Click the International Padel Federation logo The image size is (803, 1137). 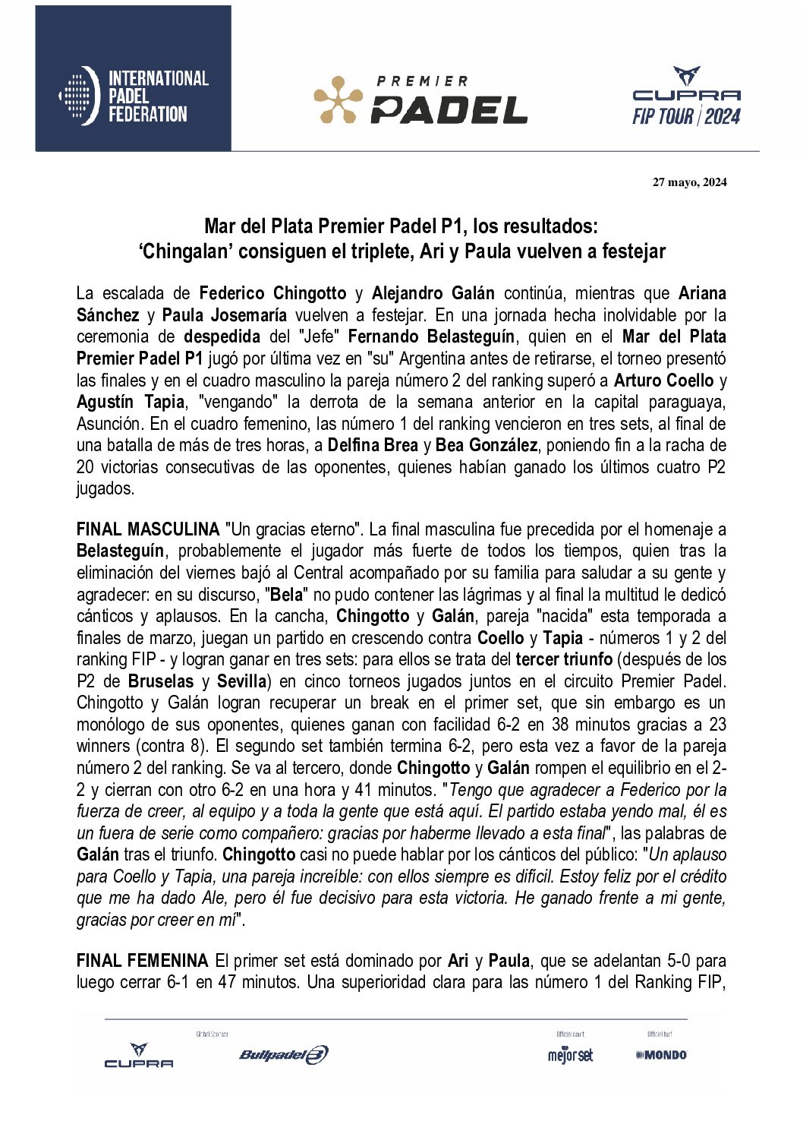(134, 96)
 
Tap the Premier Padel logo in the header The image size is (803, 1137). (420, 99)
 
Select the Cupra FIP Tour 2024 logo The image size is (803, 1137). (686, 96)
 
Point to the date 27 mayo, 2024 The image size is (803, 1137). (689, 182)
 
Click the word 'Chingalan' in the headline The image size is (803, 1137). (184, 251)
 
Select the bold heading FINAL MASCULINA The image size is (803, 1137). (148, 529)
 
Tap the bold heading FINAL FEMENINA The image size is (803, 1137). (142, 961)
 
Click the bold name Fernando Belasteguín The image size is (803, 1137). (431, 336)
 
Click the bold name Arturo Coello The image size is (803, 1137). (663, 381)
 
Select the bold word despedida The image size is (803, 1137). (222, 336)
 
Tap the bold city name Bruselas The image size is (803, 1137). (161, 681)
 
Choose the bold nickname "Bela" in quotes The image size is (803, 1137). (287, 595)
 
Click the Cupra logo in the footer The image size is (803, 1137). (139, 1056)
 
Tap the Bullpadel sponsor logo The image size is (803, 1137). (283, 1054)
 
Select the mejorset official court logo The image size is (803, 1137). (570, 1055)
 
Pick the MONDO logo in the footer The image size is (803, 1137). (661, 1055)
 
